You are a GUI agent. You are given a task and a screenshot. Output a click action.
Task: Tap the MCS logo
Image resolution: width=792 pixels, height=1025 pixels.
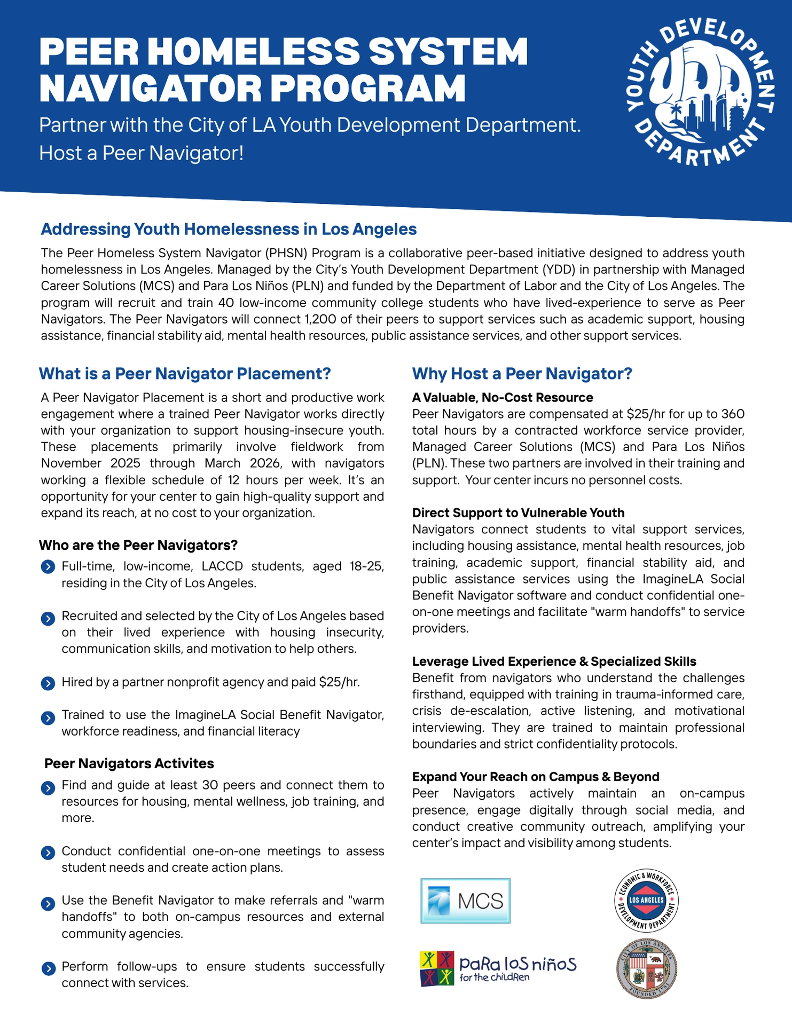pos(465,901)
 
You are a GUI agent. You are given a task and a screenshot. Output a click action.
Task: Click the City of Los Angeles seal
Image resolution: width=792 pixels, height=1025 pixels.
pos(646,967)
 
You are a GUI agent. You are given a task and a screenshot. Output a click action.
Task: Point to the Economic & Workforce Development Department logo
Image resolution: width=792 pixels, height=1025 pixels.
pos(646,900)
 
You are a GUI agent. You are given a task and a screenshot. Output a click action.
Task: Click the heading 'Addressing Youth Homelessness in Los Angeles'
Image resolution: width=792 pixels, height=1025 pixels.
pos(229,229)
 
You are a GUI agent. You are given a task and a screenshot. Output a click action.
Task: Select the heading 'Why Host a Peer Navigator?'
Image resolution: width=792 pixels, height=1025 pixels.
pos(522,374)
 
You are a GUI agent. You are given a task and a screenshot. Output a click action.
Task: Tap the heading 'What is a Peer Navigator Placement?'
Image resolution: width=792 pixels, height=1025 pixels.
pos(185,374)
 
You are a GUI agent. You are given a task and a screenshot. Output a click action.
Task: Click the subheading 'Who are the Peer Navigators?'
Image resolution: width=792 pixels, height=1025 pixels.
pos(138,545)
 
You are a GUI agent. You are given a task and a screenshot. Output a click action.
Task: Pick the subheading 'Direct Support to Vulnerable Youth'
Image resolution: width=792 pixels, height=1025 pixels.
pos(518,512)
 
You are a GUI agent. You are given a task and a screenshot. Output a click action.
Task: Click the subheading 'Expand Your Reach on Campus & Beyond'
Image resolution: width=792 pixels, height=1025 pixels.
pos(536,776)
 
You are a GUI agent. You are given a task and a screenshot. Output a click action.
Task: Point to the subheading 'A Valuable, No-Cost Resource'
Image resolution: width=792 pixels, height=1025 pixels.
pos(503,397)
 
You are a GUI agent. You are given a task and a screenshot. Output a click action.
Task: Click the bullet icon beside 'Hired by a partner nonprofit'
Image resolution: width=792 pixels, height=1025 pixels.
pos(48,683)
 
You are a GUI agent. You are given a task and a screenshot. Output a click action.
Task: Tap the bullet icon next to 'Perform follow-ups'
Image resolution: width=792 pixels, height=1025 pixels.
pos(48,968)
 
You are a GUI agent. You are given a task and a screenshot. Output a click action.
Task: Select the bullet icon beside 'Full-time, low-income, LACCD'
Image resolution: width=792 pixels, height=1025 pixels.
pos(48,567)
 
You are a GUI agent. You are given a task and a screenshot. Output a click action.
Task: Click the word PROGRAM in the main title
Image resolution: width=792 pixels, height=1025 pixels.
pos(368,88)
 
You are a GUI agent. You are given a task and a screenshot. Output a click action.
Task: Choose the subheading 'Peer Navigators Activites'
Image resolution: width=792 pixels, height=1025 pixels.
pos(129,763)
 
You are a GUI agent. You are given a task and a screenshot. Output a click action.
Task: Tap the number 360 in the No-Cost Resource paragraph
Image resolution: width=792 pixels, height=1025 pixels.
pos(733,414)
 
